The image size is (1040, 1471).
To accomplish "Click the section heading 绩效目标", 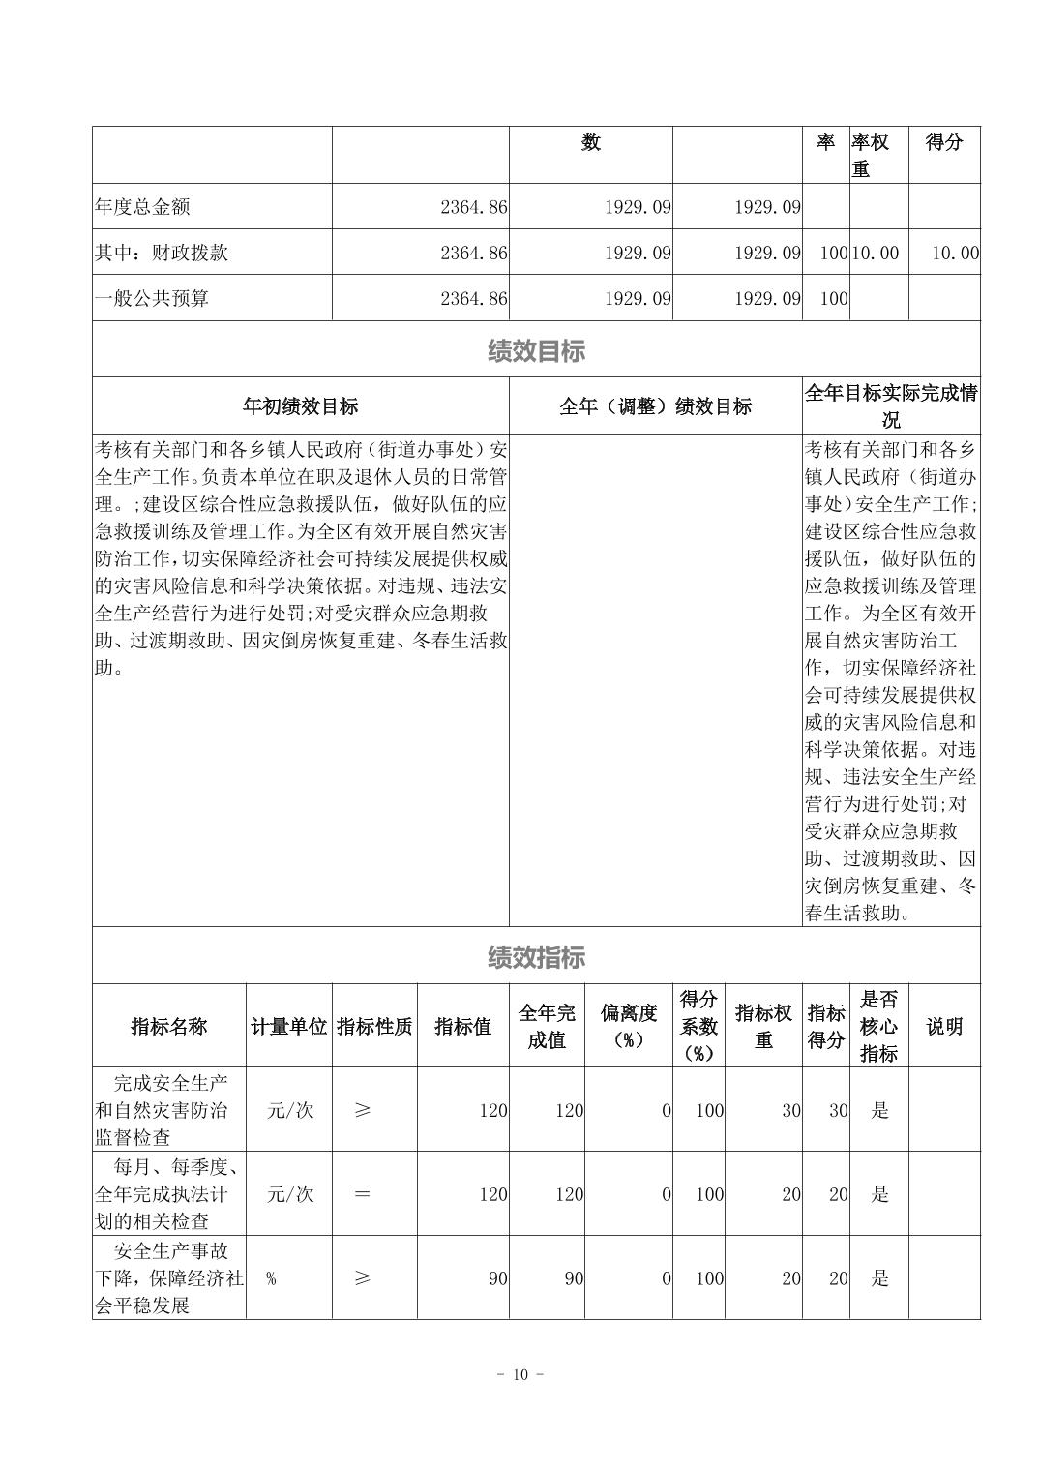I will [x=536, y=351].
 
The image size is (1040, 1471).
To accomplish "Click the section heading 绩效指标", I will [x=536, y=958].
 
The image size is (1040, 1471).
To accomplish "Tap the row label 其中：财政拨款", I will [x=162, y=254].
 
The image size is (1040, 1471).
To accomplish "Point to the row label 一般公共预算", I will [x=152, y=299].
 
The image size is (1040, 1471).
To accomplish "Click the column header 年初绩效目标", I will [x=300, y=406].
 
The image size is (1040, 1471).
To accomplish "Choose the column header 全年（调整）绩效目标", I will [x=655, y=406].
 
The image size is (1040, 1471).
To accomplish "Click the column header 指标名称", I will [x=169, y=1027].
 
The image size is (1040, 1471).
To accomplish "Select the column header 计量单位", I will [x=288, y=1027].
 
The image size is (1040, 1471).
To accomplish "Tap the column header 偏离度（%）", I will [x=629, y=1027].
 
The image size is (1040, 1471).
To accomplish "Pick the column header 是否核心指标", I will [x=878, y=1027].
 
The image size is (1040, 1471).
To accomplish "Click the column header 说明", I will [x=944, y=1027].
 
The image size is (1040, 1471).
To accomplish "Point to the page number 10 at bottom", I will [x=520, y=1375].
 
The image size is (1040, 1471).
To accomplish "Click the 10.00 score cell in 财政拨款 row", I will [x=955, y=254].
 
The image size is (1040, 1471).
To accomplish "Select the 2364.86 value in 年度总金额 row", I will [x=473, y=207].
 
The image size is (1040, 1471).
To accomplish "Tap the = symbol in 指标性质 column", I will [x=362, y=1194].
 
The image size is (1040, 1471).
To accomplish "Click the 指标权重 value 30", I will [x=791, y=1111].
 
